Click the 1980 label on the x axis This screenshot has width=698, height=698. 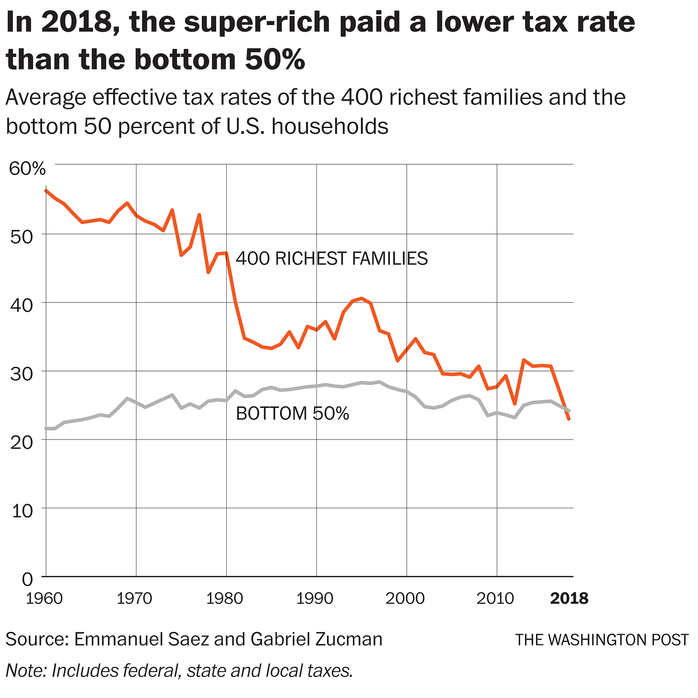click(226, 598)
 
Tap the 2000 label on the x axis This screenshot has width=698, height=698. click(407, 598)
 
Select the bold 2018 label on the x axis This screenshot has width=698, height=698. click(569, 598)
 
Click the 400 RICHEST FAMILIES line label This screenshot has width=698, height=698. click(332, 259)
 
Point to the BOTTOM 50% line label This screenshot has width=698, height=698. click(292, 413)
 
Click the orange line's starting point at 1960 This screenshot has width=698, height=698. click(46, 191)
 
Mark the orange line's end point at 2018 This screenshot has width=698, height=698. click(569, 419)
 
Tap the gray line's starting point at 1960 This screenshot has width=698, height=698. click(46, 428)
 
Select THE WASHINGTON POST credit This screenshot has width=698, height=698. click(601, 640)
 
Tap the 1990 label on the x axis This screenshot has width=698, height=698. click(316, 598)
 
